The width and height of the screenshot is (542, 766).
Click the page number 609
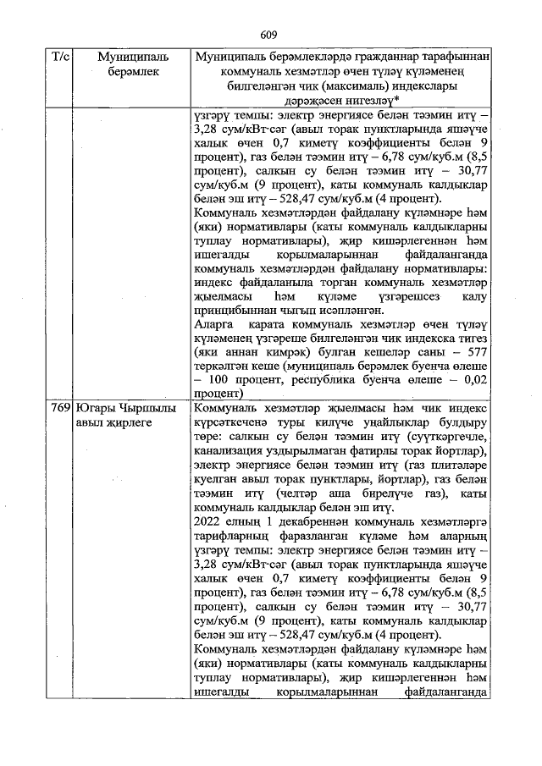269,35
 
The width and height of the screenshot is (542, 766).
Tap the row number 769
60,407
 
